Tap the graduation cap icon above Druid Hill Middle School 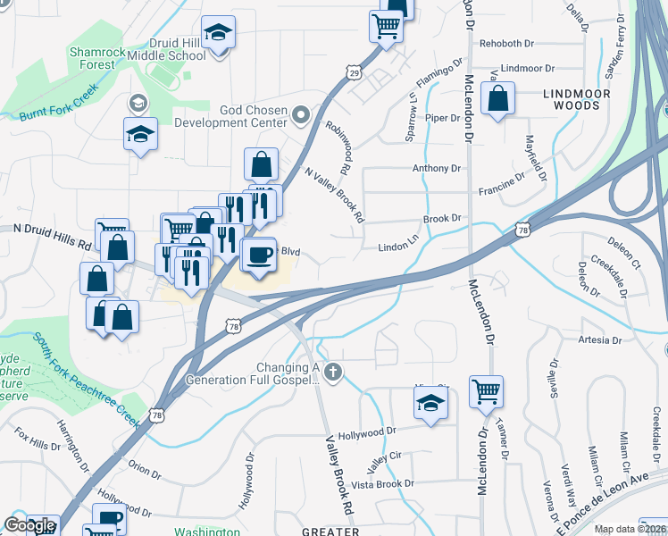tap(218, 33)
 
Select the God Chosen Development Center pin tap(300, 113)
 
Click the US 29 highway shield tap(355, 71)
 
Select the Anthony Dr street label tap(436, 168)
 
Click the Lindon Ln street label tap(398, 247)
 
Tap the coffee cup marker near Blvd tap(258, 255)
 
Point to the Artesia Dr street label tap(599, 340)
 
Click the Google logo tap(29, 526)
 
